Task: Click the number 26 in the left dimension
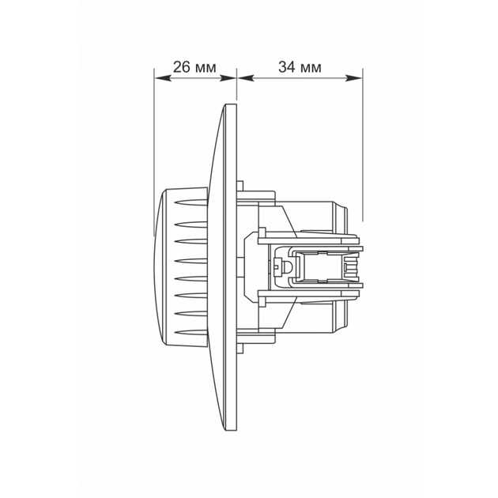click(x=181, y=68)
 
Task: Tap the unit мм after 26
click(x=205, y=68)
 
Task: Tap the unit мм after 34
click(x=311, y=68)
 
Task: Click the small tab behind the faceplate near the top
click(x=240, y=185)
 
